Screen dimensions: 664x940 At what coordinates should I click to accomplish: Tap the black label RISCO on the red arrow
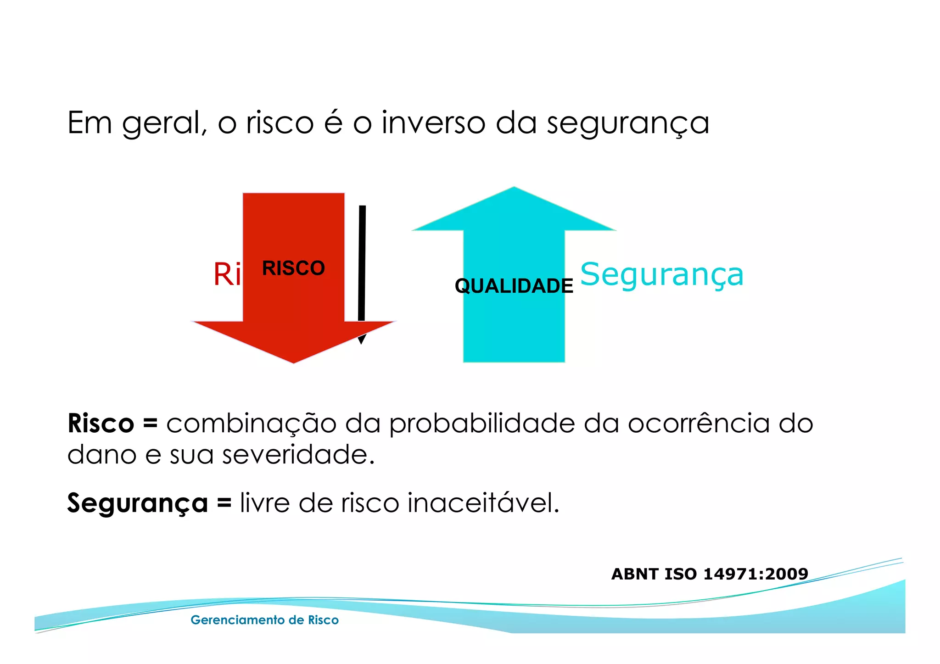coord(293,268)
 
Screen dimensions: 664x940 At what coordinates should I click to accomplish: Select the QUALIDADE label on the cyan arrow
coord(514,286)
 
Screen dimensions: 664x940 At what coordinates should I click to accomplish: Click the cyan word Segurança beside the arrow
coord(661,274)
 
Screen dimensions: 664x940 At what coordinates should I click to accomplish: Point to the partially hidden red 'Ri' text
coord(227,274)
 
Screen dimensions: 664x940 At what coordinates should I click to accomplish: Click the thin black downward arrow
coord(362,266)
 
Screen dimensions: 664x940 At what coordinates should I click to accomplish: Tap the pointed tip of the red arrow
coord(294,362)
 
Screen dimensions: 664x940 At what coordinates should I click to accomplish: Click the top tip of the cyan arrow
coord(514,188)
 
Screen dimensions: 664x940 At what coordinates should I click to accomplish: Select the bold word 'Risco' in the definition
coord(101,423)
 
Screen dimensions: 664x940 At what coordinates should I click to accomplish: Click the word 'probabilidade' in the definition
coord(482,423)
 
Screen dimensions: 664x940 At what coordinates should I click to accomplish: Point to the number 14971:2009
coord(755,574)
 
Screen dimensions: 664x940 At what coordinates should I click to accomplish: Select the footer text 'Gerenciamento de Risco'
coord(264,620)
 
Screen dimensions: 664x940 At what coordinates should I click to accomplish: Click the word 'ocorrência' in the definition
coord(698,423)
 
